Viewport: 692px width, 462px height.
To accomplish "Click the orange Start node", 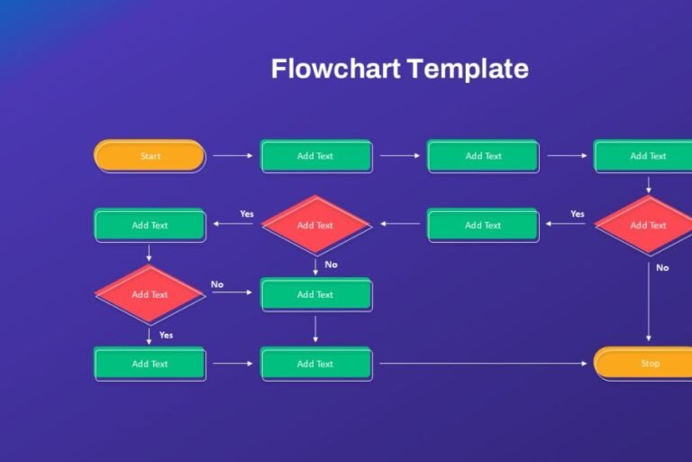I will pyautogui.click(x=150, y=156).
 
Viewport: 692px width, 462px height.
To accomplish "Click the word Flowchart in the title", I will pyautogui.click(x=334, y=69).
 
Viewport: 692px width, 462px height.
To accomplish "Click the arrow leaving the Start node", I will pyautogui.click(x=232, y=156).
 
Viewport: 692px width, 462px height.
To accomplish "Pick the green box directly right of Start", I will pyautogui.click(x=315, y=156).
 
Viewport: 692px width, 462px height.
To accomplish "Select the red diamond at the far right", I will pyautogui.click(x=647, y=225).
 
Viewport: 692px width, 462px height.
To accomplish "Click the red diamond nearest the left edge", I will pyautogui.click(x=150, y=294).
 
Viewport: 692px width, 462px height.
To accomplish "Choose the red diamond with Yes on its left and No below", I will pyautogui.click(x=315, y=225).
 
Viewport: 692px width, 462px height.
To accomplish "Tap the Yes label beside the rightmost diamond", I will pyautogui.click(x=578, y=214).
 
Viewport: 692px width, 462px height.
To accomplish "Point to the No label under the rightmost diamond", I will pyautogui.click(x=662, y=267).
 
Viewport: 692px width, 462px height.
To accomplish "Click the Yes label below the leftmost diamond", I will pyautogui.click(x=166, y=335).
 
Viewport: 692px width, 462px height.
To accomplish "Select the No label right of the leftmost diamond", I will pyautogui.click(x=217, y=284).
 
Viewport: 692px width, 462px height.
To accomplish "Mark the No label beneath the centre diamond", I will pyautogui.click(x=331, y=264).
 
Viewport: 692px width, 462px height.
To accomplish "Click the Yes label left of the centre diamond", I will pyautogui.click(x=247, y=214).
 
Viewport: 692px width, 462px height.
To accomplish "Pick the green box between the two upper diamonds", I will pyautogui.click(x=483, y=225).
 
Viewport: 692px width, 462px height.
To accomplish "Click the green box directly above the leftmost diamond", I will pyautogui.click(x=150, y=225).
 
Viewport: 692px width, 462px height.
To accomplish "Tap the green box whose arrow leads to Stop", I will pyautogui.click(x=315, y=364).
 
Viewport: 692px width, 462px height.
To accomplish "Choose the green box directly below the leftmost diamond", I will pyautogui.click(x=150, y=364).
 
